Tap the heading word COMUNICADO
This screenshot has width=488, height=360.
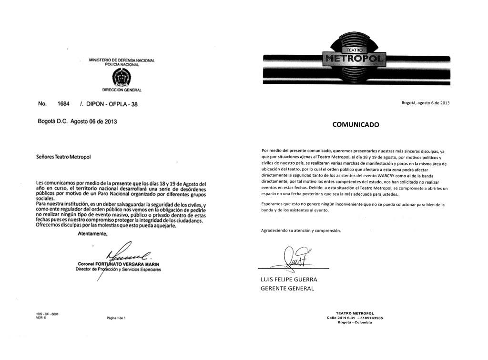pos(356,125)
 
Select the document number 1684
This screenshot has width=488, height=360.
pos(63,104)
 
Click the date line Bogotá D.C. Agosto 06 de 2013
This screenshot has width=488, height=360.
pos(77,121)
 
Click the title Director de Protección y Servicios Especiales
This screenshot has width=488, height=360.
pos(118,270)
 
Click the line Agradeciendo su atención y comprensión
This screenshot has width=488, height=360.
pos(301,230)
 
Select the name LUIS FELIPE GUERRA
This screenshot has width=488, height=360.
pos(289,280)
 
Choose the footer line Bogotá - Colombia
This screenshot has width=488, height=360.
pos(355,322)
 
